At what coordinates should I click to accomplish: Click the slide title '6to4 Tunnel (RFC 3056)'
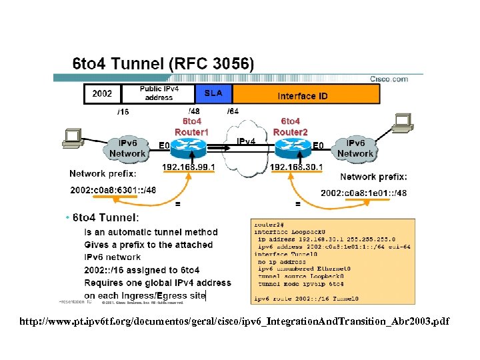click(x=163, y=64)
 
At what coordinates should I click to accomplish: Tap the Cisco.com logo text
click(x=389, y=79)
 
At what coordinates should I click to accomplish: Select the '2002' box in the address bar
click(x=102, y=94)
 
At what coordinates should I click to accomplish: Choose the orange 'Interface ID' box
click(x=303, y=96)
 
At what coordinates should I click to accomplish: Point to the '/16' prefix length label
click(x=123, y=112)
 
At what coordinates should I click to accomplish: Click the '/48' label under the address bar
click(x=194, y=111)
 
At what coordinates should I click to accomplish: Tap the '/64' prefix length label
click(x=233, y=111)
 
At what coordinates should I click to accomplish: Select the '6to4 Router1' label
click(x=191, y=127)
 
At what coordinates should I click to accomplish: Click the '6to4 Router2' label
click(x=291, y=127)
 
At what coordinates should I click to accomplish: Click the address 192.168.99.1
click(x=189, y=167)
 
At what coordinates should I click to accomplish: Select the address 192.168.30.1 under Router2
click(x=296, y=167)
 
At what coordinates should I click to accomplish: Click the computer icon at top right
click(x=401, y=122)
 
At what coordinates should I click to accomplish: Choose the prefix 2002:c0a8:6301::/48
click(x=113, y=190)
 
